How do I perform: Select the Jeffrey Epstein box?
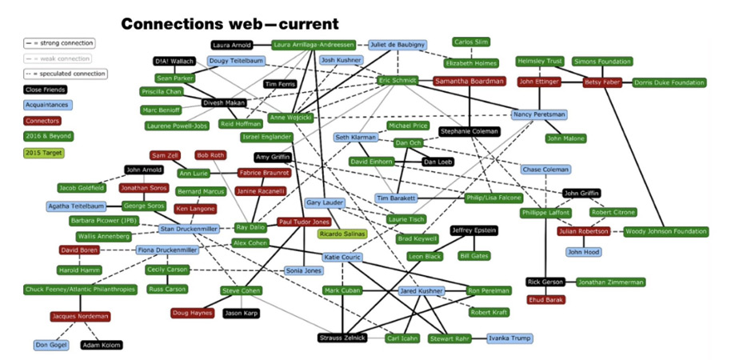[473, 230]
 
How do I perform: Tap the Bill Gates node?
[474, 256]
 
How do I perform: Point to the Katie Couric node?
[342, 257]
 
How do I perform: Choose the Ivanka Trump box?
[509, 338]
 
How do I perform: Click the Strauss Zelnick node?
[342, 338]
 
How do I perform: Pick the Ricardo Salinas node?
[342, 234]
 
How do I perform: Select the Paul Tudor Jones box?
[304, 222]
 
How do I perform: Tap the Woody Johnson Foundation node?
[665, 232]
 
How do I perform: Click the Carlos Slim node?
[471, 42]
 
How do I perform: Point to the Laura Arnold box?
[232, 46]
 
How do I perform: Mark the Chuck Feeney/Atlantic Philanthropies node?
[80, 290]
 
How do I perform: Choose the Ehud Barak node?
[545, 300]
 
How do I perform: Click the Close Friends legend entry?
[45, 90]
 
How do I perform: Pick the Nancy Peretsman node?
[540, 114]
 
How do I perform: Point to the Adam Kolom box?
[101, 346]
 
